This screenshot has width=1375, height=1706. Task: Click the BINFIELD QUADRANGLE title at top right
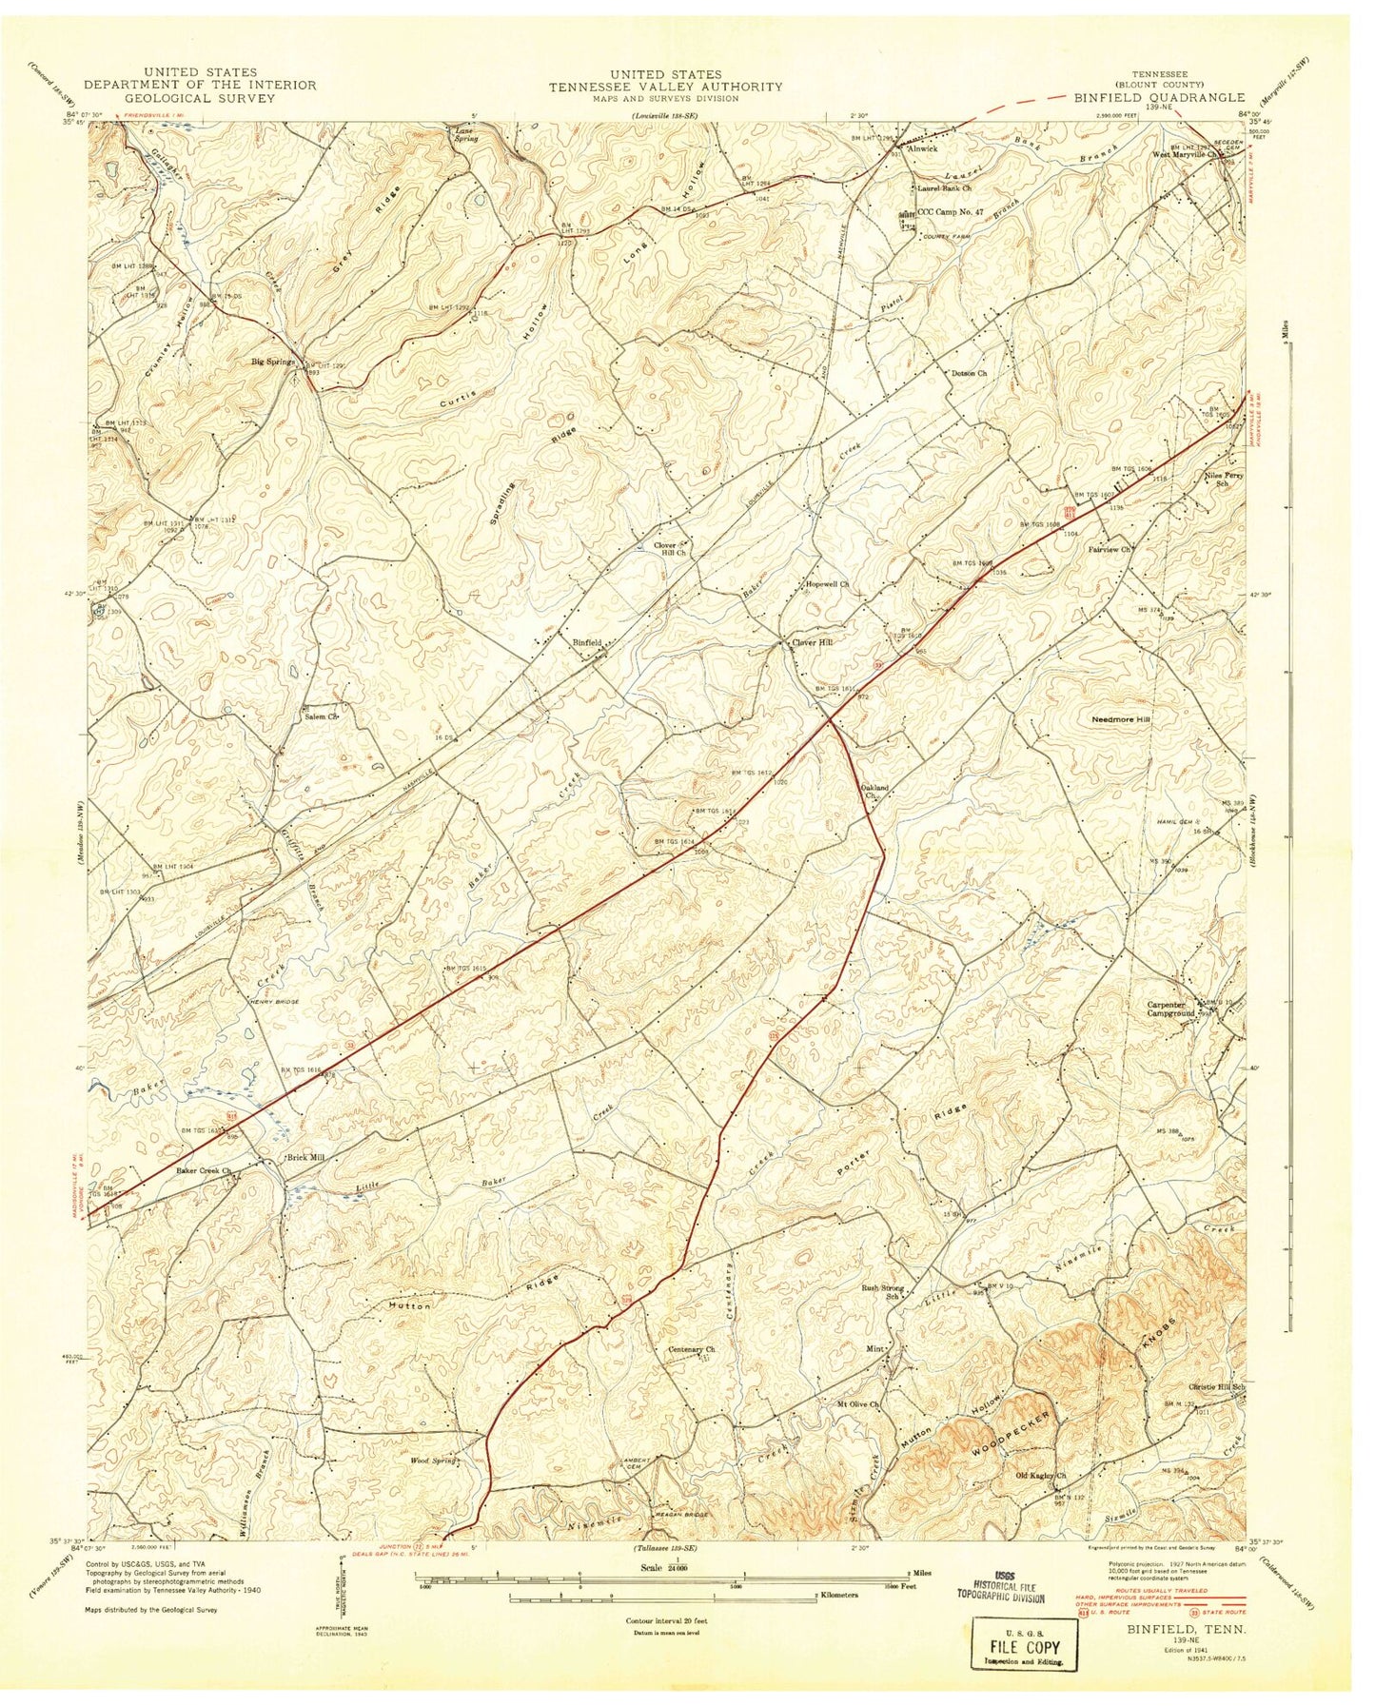(x=1159, y=97)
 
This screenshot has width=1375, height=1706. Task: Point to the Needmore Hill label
(x=1120, y=720)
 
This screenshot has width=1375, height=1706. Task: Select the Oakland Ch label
(x=874, y=792)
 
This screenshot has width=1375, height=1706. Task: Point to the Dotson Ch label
(x=970, y=373)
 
